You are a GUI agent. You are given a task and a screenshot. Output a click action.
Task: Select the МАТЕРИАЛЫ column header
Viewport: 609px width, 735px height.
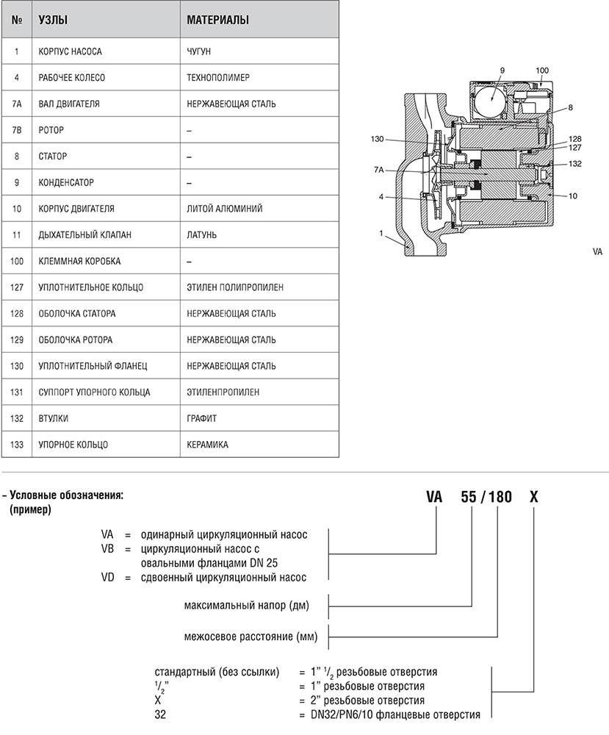[x=217, y=21]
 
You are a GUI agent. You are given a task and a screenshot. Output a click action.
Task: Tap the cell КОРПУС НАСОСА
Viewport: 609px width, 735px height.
[x=70, y=52]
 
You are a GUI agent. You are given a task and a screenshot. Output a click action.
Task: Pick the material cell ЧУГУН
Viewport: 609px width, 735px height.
[x=201, y=52]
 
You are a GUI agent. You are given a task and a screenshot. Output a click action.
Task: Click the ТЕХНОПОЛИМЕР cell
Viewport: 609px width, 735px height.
[x=218, y=78]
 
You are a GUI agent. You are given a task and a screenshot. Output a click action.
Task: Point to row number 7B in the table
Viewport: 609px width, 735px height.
[x=16, y=130]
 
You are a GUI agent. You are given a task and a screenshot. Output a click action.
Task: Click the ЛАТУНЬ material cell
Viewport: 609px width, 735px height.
[x=202, y=235]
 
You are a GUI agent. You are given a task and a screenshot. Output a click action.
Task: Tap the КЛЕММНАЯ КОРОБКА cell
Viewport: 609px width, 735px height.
[x=79, y=261]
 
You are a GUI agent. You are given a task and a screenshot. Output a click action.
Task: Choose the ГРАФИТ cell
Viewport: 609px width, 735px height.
[x=202, y=418]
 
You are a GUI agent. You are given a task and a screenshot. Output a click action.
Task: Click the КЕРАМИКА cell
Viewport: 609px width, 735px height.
[x=207, y=445]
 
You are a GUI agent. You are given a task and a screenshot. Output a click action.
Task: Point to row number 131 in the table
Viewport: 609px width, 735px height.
[x=16, y=392]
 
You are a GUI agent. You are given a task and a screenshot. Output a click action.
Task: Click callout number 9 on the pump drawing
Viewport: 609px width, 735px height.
[x=502, y=70]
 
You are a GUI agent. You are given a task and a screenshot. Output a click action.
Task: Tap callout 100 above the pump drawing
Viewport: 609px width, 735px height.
[x=542, y=70]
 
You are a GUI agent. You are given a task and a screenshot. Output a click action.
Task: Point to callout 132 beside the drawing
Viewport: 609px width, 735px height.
[x=575, y=164]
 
